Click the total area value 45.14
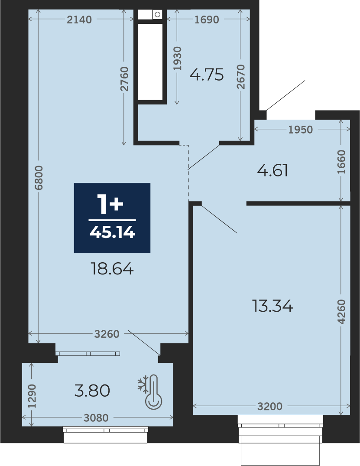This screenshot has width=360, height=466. [112, 232]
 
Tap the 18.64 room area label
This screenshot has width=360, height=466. [112, 269]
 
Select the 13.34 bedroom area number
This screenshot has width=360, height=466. [272, 306]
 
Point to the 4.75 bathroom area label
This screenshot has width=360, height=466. [207, 75]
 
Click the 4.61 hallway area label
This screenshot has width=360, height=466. [272, 171]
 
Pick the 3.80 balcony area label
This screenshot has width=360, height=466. [92, 391]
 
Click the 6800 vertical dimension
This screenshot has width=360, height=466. [39, 178]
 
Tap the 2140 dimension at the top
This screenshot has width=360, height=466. [79, 20]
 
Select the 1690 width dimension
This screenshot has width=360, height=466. [207, 20]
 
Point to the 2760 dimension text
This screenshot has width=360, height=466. [124, 79]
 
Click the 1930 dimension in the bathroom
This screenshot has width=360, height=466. [177, 59]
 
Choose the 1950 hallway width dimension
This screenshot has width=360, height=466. [301, 130]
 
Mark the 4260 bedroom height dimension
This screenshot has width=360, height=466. [341, 312]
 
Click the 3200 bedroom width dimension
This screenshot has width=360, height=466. [270, 406]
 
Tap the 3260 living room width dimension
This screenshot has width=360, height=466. [107, 334]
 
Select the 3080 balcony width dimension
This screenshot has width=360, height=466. [96, 418]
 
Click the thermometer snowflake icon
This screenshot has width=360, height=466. [150, 391]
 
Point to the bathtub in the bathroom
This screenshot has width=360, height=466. [150, 62]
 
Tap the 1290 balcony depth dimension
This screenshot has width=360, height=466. [32, 396]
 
